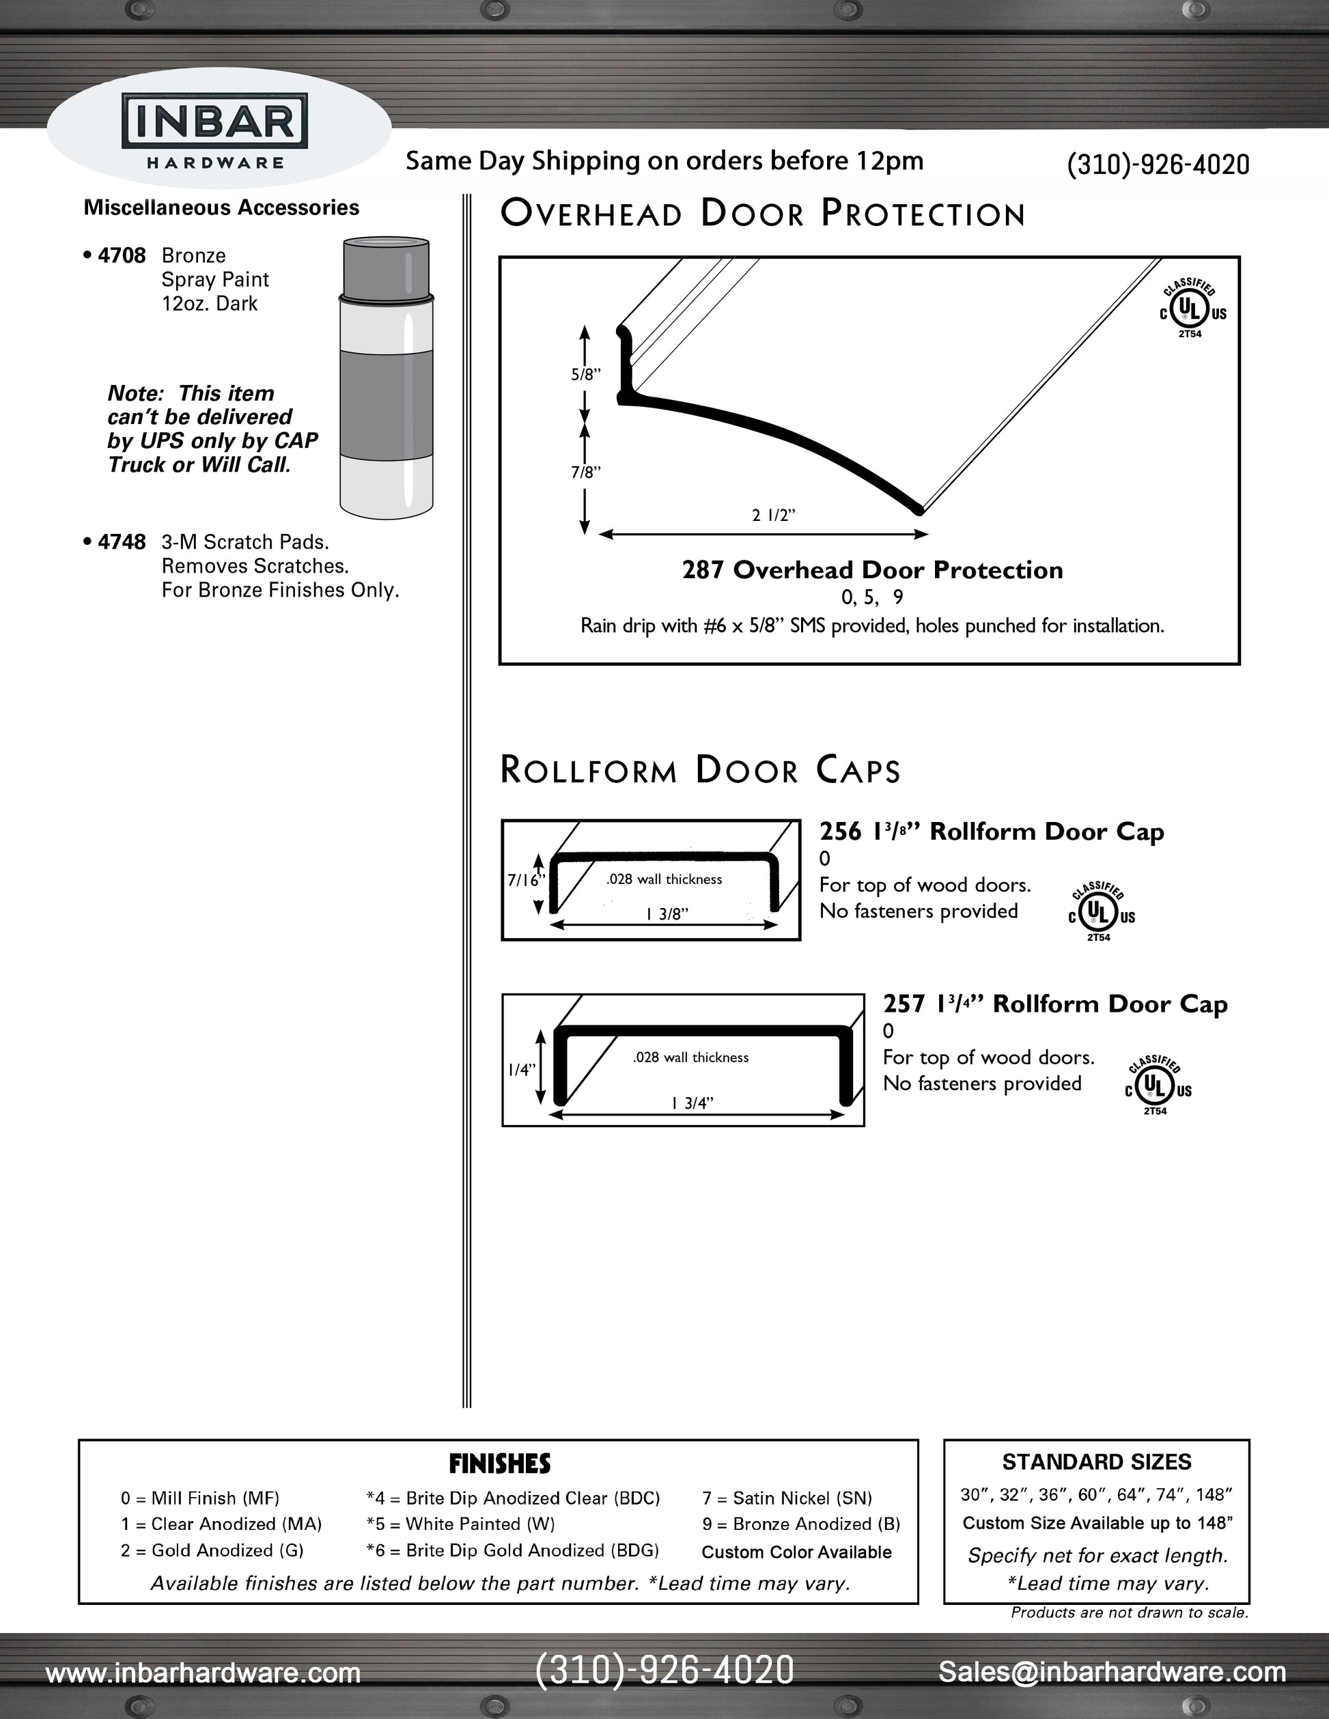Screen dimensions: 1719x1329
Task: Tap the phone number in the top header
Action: tap(1158, 165)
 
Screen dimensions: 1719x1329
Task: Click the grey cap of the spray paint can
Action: tap(386, 266)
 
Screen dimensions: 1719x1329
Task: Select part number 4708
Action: tap(122, 256)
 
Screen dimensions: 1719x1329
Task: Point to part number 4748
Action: tap(122, 542)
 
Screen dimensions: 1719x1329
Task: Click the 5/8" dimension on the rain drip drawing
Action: tap(586, 375)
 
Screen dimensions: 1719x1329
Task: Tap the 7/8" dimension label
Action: tap(586, 472)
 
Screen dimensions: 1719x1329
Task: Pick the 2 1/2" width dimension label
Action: tap(773, 515)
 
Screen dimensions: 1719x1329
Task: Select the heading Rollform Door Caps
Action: tap(700, 770)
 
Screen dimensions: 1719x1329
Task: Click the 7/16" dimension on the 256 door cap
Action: tap(525, 880)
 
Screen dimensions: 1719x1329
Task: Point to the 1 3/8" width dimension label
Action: tap(667, 914)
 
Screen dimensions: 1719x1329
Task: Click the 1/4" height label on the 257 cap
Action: tap(521, 1070)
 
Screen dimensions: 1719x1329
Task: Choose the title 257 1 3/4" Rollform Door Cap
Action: tap(1055, 1004)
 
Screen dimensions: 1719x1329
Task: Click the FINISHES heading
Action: tap(499, 1464)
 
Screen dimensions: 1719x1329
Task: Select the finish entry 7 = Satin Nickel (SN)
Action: tap(787, 1498)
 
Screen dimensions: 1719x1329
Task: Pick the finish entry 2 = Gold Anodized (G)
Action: tap(212, 1550)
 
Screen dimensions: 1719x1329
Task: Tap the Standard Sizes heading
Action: tap(1096, 1462)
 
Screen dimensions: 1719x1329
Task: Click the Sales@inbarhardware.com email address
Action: tap(1112, 1671)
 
